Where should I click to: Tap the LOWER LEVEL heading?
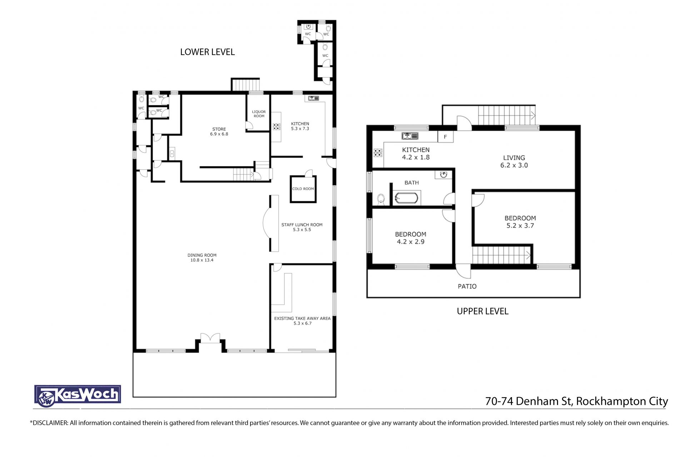(207, 52)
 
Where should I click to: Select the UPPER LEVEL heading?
(482, 311)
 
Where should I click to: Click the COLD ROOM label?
(303, 189)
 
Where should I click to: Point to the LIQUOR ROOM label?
(259, 114)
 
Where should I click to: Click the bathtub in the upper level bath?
(406, 198)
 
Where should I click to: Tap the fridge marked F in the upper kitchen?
(446, 137)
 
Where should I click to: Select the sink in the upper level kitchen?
(410, 136)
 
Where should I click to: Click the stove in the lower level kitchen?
(277, 126)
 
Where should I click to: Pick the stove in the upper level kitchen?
(378, 153)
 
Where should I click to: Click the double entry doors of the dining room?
(210, 338)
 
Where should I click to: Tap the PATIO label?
(467, 286)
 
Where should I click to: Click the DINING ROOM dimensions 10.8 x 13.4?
(202, 260)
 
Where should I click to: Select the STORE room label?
(219, 129)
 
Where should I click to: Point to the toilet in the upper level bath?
(381, 199)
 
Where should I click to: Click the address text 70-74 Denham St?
(528, 401)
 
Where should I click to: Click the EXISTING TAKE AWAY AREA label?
(302, 319)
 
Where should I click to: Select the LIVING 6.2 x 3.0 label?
(514, 162)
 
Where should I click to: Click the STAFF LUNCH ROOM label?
(302, 225)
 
